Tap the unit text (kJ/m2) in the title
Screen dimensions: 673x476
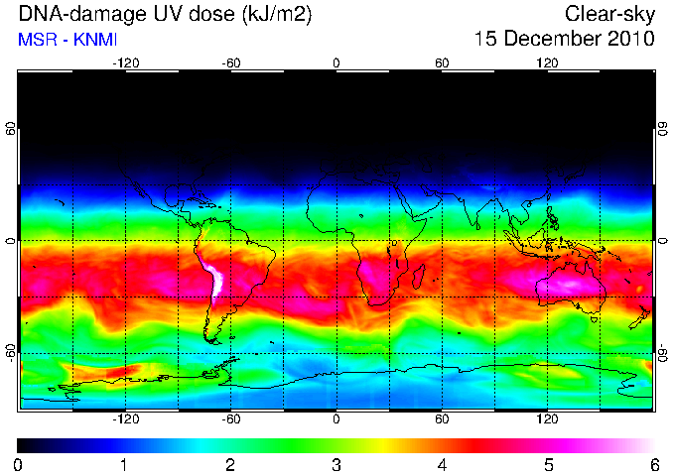pyautogui.click(x=277, y=15)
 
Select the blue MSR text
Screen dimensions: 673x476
pyautogui.click(x=38, y=40)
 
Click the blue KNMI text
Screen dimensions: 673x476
pyautogui.click(x=95, y=40)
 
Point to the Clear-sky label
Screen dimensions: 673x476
pyautogui.click(x=609, y=15)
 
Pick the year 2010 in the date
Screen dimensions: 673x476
pyautogui.click(x=631, y=39)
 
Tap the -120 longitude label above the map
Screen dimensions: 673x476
pyautogui.click(x=126, y=63)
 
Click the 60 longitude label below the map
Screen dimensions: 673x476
pyautogui.click(x=442, y=418)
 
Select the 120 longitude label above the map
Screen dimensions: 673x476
pyautogui.click(x=547, y=63)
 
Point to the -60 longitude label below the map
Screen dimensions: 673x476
pyautogui.click(x=231, y=418)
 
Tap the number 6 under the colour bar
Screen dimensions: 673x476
pyautogui.click(x=654, y=465)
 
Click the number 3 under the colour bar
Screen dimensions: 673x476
pyautogui.click(x=336, y=465)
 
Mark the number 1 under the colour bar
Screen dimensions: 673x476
pyautogui.click(x=124, y=465)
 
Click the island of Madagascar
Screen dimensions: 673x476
pyautogui.click(x=418, y=276)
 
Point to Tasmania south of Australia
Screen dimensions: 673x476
pyautogui.click(x=594, y=319)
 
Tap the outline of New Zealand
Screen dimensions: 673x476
pyautogui.click(x=641, y=317)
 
